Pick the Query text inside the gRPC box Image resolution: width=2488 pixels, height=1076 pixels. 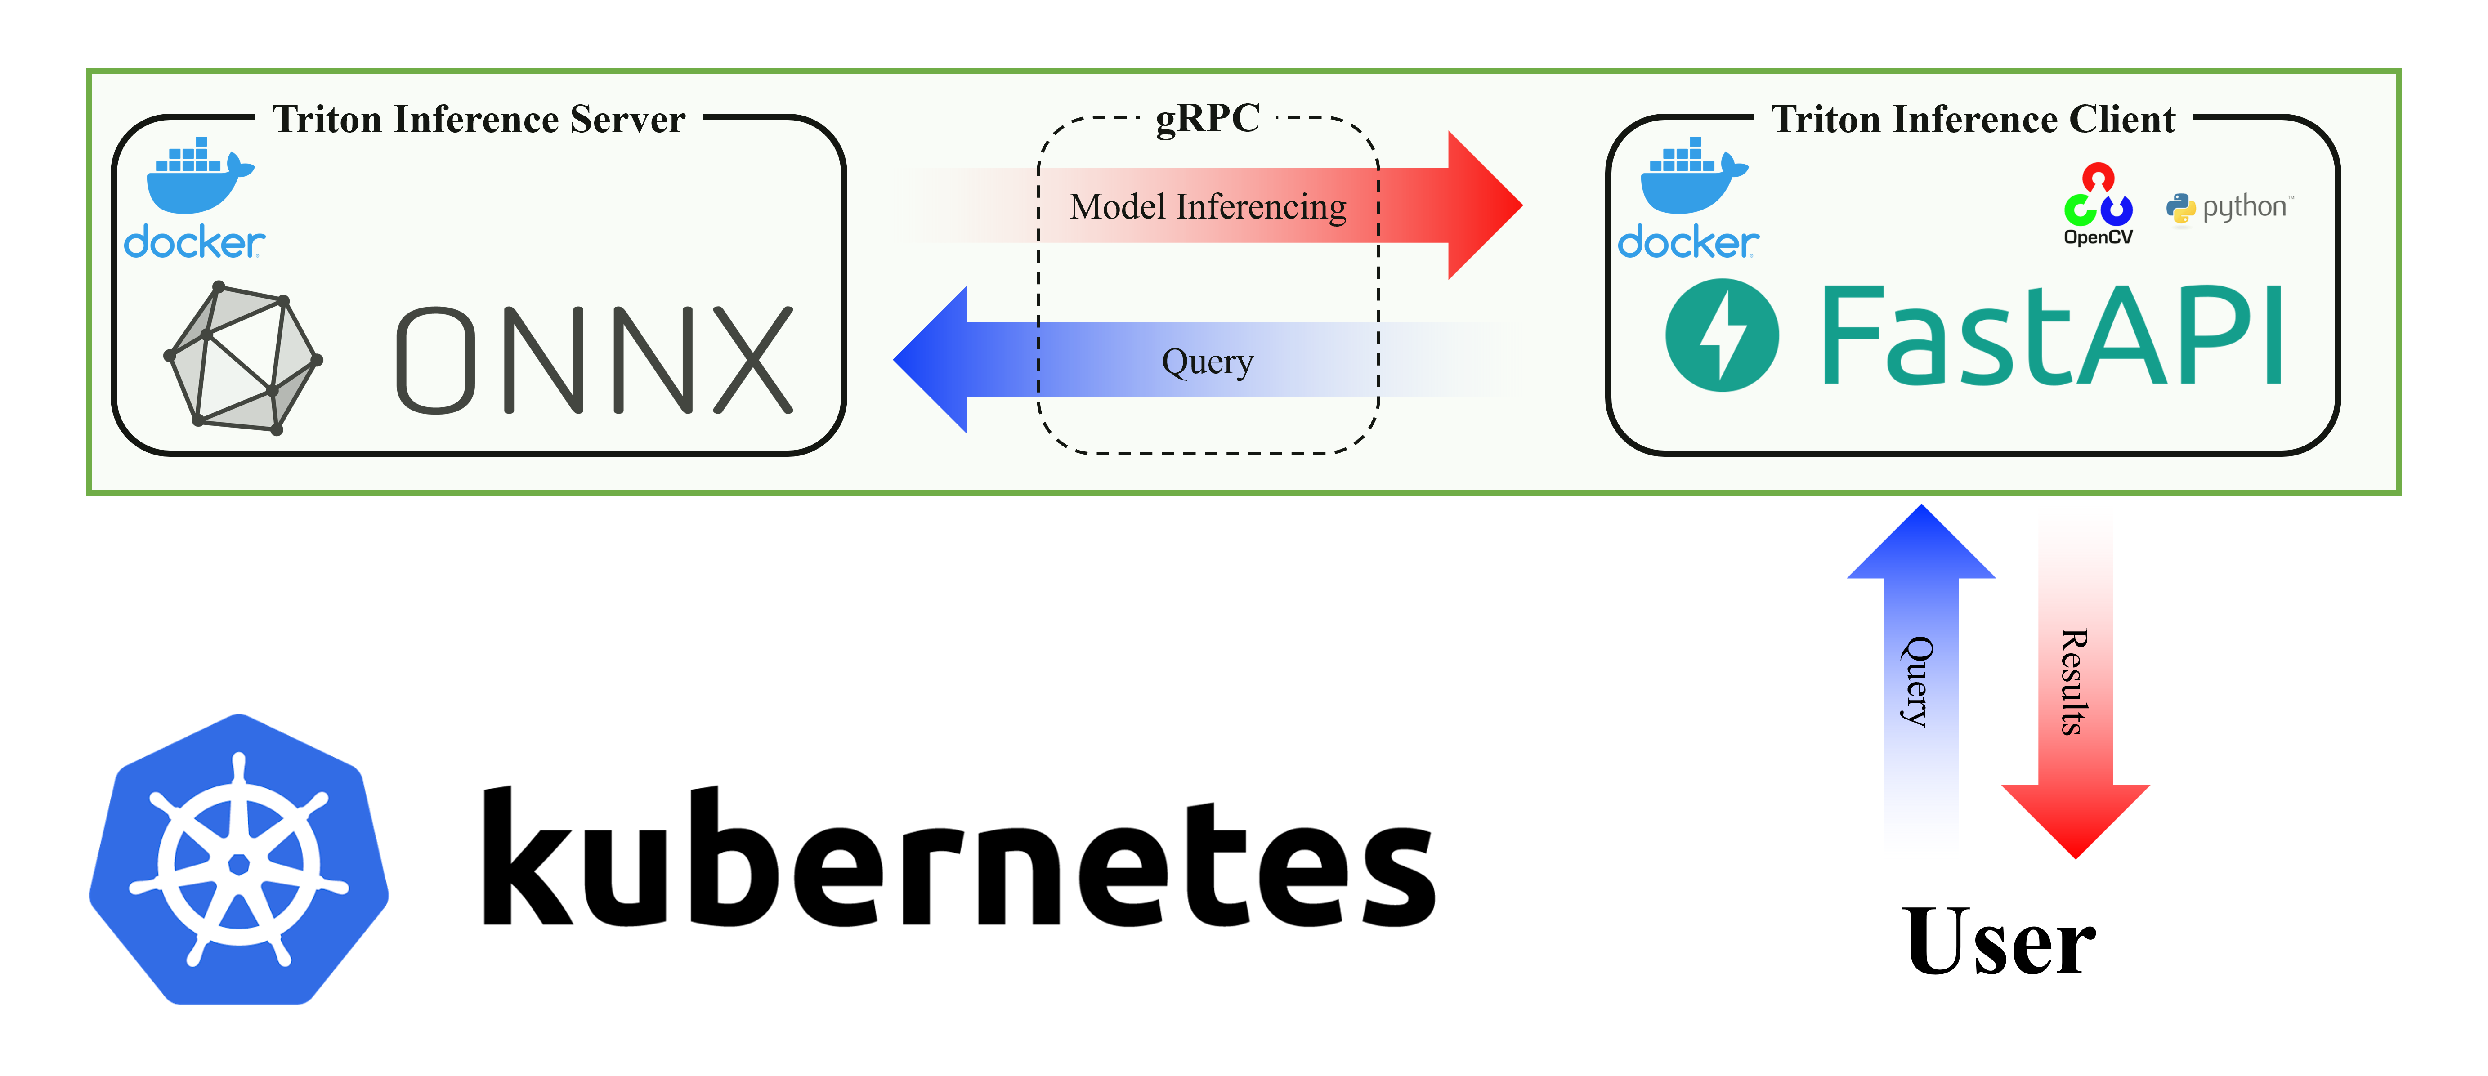click(1207, 361)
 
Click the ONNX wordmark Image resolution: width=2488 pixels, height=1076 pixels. click(594, 359)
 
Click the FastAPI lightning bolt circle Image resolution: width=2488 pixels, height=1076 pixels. click(1721, 335)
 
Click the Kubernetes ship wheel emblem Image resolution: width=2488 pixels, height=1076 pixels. click(238, 860)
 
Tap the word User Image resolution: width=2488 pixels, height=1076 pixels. click(1999, 942)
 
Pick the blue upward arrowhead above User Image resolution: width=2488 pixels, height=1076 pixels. click(1920, 546)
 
